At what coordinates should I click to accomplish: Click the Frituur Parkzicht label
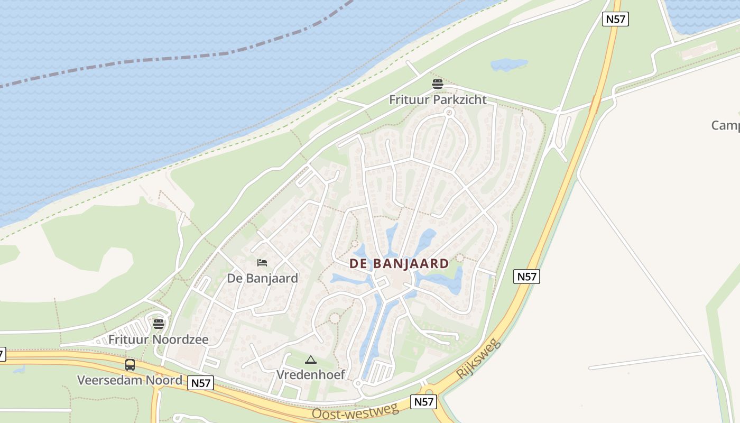pos(438,99)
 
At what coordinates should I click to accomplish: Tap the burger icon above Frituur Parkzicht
pos(437,84)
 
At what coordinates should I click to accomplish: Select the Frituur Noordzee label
pos(159,339)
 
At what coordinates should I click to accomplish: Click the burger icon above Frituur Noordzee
pos(159,324)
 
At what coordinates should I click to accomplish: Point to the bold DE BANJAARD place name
pos(399,263)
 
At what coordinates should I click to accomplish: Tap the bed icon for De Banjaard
pos(262,263)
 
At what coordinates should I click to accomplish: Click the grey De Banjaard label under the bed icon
pos(262,278)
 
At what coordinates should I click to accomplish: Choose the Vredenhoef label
pos(311,375)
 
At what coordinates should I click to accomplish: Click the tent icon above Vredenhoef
pos(310,360)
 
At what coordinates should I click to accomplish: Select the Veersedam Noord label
pos(129,380)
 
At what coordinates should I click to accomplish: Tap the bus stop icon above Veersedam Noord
pos(130,365)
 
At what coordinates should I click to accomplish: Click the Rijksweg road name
pos(478,358)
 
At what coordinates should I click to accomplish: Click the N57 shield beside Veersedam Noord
pos(201,383)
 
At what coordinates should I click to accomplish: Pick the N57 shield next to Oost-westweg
pos(424,402)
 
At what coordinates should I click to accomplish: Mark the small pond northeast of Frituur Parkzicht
pos(508,65)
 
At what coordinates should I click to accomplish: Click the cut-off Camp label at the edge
pos(725,125)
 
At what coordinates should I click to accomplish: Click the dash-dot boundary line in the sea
pos(211,56)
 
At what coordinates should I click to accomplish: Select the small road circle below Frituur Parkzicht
pos(449,112)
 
